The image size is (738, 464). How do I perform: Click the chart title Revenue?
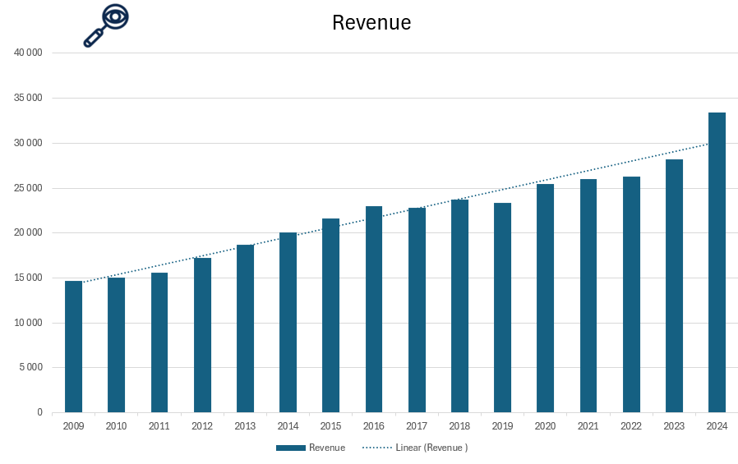(x=371, y=23)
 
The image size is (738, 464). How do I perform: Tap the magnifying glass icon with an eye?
(x=107, y=25)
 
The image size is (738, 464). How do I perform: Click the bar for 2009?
(x=74, y=347)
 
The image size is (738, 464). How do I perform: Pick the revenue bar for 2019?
(x=502, y=308)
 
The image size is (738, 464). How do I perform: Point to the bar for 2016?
(x=374, y=310)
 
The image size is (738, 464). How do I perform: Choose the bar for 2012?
(x=202, y=335)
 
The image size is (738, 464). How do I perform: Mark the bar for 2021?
(x=588, y=296)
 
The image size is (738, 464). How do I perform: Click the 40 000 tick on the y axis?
(x=29, y=53)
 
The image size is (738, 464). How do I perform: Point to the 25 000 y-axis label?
(x=29, y=188)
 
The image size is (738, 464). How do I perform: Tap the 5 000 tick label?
(x=31, y=367)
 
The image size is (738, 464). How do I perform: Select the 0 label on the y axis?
(x=39, y=412)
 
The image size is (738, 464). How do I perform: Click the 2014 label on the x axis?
(x=288, y=426)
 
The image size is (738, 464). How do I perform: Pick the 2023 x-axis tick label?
(x=674, y=426)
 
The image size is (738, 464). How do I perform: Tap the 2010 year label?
(x=116, y=426)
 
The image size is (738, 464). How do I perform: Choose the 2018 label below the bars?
(x=459, y=426)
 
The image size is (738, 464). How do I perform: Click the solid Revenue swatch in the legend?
(x=291, y=448)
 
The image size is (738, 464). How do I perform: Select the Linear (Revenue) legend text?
(x=431, y=448)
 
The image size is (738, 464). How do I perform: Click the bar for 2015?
(x=330, y=315)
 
